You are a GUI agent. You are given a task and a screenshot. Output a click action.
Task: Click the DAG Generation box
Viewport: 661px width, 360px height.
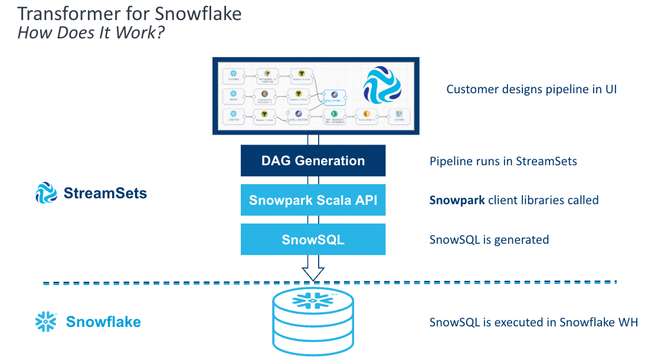click(313, 161)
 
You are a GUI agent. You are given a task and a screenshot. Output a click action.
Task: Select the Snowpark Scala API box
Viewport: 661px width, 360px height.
click(313, 200)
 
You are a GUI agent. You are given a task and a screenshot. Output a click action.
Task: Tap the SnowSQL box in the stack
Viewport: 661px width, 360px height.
click(313, 240)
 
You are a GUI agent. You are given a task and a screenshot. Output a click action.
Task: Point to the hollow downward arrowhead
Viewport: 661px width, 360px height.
click(313, 273)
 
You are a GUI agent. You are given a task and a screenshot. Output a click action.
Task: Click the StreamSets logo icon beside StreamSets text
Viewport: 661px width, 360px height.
click(45, 193)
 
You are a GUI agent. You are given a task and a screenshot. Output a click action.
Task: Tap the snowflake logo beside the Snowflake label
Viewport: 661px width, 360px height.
click(45, 322)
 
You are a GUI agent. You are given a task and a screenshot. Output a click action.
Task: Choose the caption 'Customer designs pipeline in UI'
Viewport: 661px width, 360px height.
click(531, 90)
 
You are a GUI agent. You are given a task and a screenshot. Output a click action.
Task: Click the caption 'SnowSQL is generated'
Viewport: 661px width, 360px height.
click(489, 240)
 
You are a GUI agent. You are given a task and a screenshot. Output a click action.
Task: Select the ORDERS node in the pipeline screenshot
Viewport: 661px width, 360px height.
click(233, 96)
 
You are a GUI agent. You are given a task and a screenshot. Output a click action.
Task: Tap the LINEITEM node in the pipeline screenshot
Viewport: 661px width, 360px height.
click(233, 116)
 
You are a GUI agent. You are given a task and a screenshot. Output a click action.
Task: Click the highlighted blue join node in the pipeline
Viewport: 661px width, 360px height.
click(335, 97)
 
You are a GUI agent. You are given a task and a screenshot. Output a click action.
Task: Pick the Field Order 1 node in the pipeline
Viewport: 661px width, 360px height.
click(366, 116)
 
